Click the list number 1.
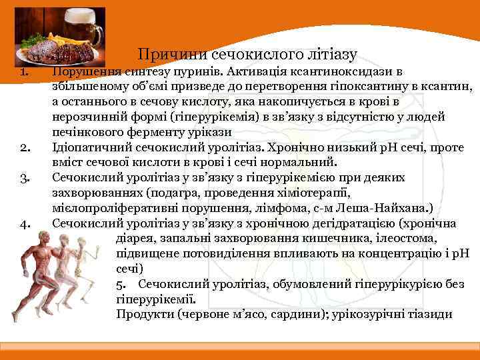pyautogui.click(x=23, y=71)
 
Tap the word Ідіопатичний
pyautogui.click(x=91, y=147)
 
